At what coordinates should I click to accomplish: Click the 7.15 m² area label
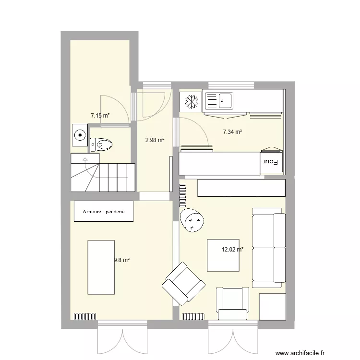point(100,116)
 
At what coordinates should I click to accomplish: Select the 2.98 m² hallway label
point(155,140)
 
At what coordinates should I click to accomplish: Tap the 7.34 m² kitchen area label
point(232,132)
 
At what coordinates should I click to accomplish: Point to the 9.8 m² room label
point(122,260)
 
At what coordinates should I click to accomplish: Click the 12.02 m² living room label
point(232,250)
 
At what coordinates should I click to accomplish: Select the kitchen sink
point(219,101)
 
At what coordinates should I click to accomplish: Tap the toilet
point(101,144)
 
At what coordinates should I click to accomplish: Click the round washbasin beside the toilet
point(80,135)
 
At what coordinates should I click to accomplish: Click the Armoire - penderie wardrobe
point(103,211)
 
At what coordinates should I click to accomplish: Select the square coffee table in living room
point(223,255)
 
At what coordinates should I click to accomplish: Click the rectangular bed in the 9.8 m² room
point(101,267)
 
